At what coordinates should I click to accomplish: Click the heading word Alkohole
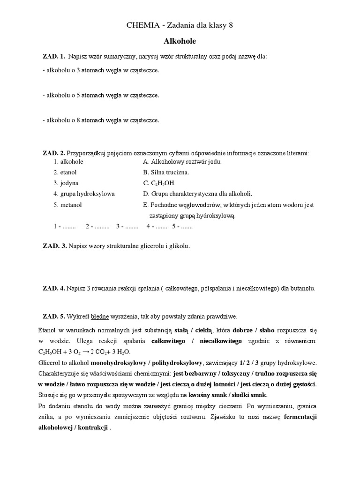point(180,41)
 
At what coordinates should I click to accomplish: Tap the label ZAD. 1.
point(54,57)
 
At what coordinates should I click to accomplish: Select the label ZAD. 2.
point(54,153)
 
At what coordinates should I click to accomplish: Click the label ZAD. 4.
point(54,288)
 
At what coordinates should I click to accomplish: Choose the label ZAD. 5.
point(54,316)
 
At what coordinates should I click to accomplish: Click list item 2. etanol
point(65,172)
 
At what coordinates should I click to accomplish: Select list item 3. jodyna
point(66,183)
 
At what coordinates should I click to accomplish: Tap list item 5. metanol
point(67,205)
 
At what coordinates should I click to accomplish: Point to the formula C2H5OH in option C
point(163,183)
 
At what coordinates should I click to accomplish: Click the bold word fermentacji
point(300,417)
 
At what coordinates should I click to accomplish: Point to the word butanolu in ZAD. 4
point(304,288)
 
